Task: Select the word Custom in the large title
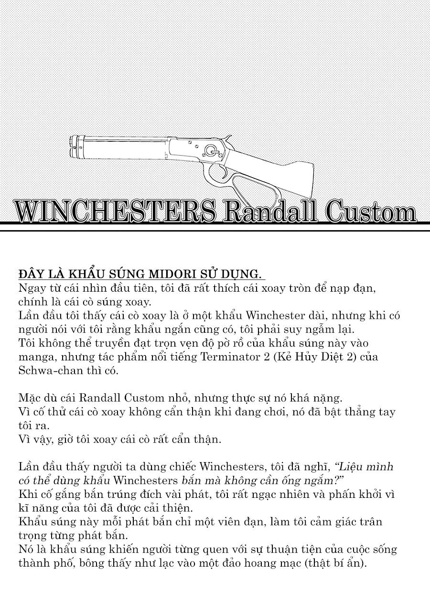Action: tap(370, 211)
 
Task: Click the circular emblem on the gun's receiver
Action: tap(210, 151)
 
